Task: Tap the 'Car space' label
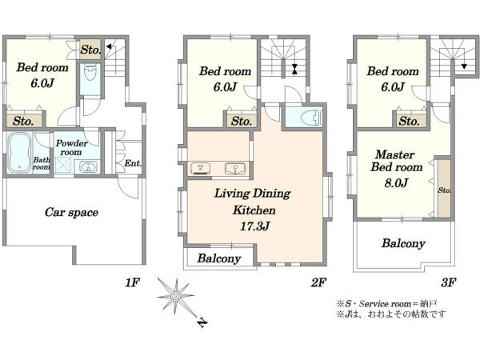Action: click(x=71, y=212)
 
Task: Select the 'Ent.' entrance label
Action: click(x=133, y=165)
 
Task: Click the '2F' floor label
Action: click(x=318, y=282)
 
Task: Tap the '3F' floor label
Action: click(x=448, y=282)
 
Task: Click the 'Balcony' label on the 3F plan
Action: click(x=403, y=243)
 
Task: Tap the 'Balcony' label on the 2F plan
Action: click(x=219, y=258)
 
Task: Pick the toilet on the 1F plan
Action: click(x=90, y=75)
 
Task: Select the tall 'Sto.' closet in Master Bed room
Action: click(x=443, y=190)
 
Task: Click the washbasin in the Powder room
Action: click(x=87, y=167)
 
